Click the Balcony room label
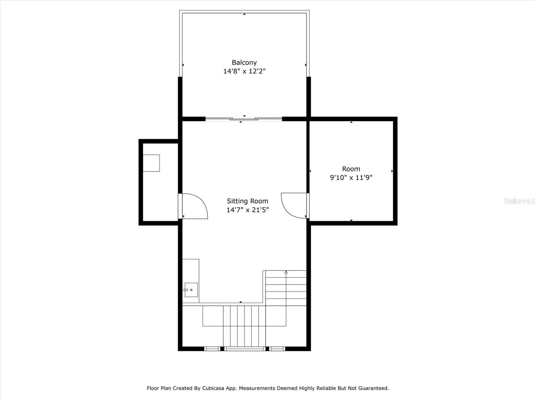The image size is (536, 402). (x=244, y=62)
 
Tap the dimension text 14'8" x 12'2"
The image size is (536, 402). (x=244, y=71)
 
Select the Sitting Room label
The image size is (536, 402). (x=247, y=201)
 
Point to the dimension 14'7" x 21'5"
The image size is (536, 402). (x=247, y=210)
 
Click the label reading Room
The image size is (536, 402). (x=351, y=169)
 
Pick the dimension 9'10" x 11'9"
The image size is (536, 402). (x=351, y=178)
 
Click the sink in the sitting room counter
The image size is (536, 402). (x=191, y=290)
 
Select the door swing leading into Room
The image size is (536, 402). (x=292, y=206)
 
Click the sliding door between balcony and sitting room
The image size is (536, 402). (x=244, y=119)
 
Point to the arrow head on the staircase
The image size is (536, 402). (x=286, y=272)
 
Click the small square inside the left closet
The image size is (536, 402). (x=151, y=163)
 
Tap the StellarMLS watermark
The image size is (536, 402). (x=519, y=201)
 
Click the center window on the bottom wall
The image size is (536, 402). (x=245, y=349)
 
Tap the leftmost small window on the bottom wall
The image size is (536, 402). (x=212, y=349)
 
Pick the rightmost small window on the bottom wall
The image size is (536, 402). (x=277, y=349)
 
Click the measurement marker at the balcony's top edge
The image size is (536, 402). (x=244, y=14)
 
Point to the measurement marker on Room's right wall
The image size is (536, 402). (x=392, y=171)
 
